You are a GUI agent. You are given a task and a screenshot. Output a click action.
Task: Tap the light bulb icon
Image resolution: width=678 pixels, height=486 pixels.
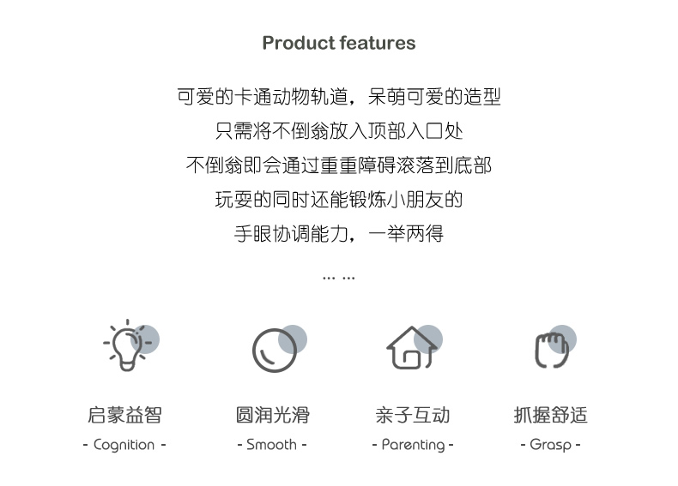tap(127, 345)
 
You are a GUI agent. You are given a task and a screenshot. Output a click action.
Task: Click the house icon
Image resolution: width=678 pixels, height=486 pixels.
tap(412, 348)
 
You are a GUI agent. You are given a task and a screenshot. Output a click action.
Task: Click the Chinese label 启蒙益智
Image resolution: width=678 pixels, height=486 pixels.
tap(125, 415)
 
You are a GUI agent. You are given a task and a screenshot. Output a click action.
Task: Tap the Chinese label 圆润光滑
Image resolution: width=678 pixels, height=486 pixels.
tap(273, 415)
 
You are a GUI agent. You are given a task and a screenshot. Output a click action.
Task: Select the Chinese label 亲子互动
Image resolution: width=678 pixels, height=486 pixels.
tap(413, 415)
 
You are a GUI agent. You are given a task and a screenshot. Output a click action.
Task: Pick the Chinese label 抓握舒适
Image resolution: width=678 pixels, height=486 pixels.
tap(550, 415)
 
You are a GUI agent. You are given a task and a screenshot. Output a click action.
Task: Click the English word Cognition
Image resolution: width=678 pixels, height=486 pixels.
tap(124, 445)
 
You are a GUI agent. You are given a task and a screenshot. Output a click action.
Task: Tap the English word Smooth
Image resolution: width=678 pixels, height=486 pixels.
tap(271, 445)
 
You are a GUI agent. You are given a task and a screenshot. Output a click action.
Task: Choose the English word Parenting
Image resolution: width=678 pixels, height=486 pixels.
tap(413, 445)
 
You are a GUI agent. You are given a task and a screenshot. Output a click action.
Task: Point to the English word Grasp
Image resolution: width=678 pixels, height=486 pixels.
tap(550, 445)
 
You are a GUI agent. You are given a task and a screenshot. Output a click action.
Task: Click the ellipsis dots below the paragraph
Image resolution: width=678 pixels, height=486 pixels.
tap(339, 279)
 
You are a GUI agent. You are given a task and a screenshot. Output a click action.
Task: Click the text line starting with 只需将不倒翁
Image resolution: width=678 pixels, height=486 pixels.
tap(339, 131)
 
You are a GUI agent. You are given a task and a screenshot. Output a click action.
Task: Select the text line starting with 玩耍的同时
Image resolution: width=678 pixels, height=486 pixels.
tap(339, 200)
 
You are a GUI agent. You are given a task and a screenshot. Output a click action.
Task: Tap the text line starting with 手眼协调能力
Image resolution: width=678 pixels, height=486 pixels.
tap(339, 234)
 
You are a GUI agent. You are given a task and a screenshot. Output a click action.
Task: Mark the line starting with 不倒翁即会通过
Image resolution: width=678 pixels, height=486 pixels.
tap(339, 165)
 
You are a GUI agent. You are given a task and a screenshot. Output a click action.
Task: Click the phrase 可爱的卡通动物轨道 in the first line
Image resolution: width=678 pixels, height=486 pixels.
tap(263, 96)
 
